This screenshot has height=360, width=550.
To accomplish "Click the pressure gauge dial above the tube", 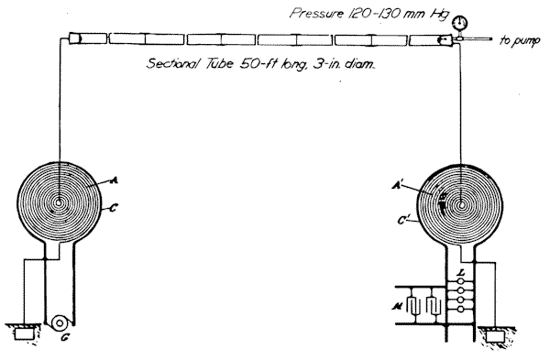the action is coord(459,23).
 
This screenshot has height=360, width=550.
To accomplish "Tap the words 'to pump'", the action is coord(520,40).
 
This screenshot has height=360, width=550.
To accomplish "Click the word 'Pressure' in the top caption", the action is coord(316,14).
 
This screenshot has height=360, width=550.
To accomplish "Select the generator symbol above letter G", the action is coord(59,322).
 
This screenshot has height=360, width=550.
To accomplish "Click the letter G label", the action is coord(65,338).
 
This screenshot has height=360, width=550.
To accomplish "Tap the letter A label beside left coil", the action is coord(114,180).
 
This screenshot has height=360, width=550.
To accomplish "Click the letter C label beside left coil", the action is coord(113,208).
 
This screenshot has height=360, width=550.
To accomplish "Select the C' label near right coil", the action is coord(403,221).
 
